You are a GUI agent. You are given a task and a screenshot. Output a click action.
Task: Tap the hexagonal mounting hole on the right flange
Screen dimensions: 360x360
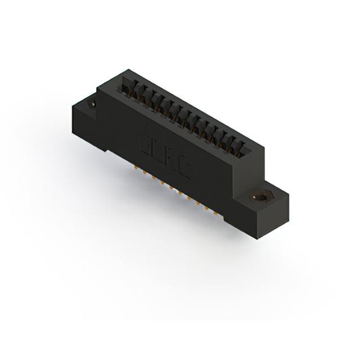pos(260,197)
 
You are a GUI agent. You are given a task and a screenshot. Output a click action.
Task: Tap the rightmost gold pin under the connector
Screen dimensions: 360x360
pos(215,213)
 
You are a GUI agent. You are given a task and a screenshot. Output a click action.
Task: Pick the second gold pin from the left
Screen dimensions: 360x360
pos(145,172)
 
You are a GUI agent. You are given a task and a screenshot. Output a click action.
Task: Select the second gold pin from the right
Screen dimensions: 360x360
pos(207,209)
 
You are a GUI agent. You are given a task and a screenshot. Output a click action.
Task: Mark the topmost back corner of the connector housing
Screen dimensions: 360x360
pos(130,70)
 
